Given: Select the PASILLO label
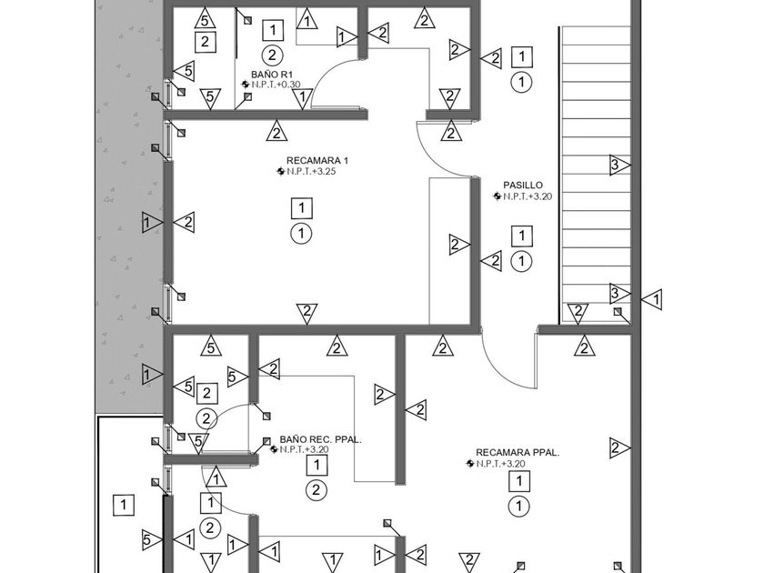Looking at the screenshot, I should (522, 185).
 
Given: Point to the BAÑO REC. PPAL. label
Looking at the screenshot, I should (321, 438).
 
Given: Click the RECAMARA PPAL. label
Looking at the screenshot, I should (517, 452).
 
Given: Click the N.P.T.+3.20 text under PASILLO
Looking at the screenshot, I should (528, 196).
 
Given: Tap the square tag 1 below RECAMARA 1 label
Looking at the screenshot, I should (301, 209).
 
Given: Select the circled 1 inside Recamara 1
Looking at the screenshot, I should (301, 234).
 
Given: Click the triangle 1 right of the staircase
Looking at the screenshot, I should (652, 298).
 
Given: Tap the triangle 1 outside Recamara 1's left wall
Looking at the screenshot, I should (151, 221).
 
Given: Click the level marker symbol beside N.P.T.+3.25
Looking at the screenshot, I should (281, 171).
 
